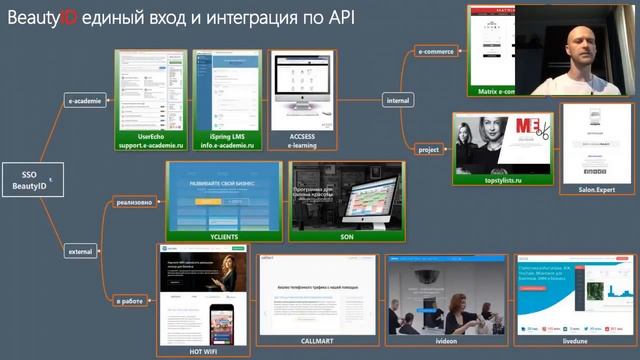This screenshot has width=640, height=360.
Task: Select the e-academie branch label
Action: (84, 101)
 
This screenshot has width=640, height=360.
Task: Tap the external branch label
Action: (80, 251)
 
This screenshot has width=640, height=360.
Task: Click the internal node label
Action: (397, 99)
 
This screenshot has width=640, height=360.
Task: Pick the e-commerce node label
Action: (435, 49)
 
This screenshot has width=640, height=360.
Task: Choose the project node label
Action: (428, 149)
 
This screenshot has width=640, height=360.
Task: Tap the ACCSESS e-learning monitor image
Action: (302, 90)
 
